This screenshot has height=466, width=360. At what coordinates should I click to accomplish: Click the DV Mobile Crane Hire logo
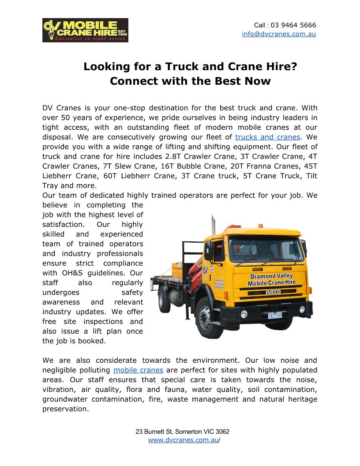85,30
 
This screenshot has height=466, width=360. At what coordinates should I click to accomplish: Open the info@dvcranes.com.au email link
279,34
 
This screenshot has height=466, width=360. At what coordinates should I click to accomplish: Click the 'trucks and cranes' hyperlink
267,137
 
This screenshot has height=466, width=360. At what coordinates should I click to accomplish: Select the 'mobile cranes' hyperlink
138,370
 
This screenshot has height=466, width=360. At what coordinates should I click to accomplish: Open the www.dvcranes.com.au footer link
183,440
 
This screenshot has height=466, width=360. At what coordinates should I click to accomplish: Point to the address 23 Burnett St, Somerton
182,432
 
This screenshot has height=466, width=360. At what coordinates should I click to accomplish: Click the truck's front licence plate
275,315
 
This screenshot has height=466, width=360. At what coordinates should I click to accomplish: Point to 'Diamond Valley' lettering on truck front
271,276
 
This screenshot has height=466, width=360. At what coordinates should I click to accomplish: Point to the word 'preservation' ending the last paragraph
65,409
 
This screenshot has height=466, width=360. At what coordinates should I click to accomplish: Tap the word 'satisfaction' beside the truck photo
63,224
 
